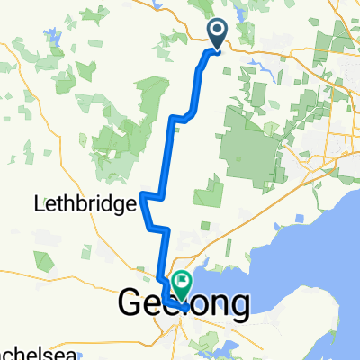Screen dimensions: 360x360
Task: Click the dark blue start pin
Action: click(x=219, y=34)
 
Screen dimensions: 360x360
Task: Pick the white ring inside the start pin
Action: click(x=219, y=31)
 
